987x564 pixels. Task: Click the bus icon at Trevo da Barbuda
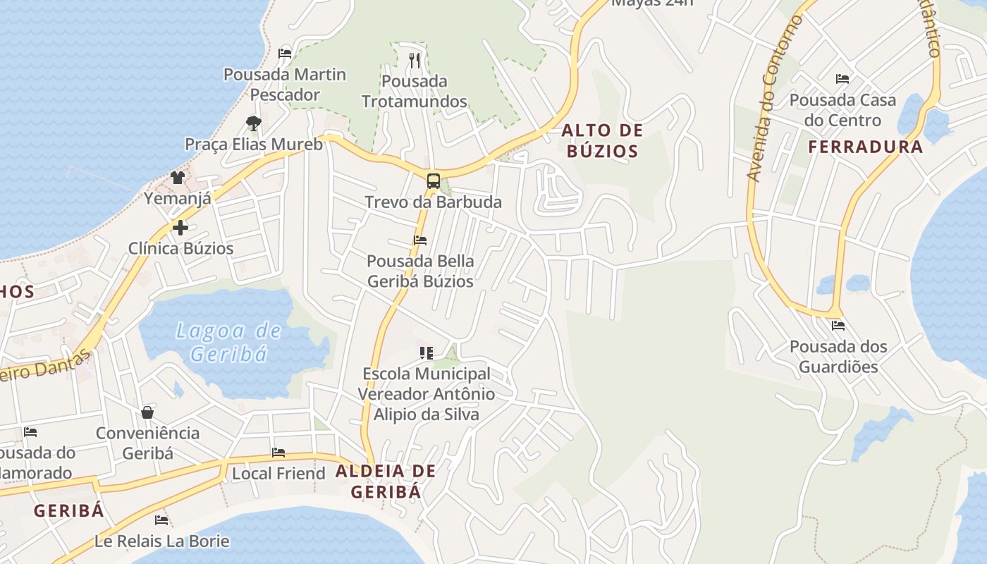click(x=433, y=180)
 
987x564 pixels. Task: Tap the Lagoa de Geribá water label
click(x=228, y=342)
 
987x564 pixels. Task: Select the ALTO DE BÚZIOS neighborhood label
click(x=602, y=140)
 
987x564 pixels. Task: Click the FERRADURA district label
click(x=865, y=147)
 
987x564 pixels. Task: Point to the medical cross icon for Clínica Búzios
click(x=180, y=228)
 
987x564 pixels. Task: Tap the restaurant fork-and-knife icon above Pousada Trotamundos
click(x=415, y=61)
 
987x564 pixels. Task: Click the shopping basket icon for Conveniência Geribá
click(x=147, y=412)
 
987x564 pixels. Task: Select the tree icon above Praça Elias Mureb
click(x=254, y=123)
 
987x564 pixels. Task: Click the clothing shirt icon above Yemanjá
click(x=177, y=178)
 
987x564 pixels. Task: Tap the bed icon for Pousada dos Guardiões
click(x=838, y=326)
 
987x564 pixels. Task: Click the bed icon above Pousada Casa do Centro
click(x=842, y=78)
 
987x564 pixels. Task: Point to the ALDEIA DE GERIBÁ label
click(x=386, y=481)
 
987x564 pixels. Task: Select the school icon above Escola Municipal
click(x=426, y=352)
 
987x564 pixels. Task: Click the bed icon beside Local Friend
click(x=278, y=453)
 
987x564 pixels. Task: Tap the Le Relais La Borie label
click(x=162, y=541)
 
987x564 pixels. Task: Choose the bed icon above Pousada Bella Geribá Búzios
click(x=420, y=240)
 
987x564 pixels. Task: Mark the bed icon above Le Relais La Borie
click(x=161, y=520)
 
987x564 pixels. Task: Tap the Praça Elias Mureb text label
click(x=254, y=145)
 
